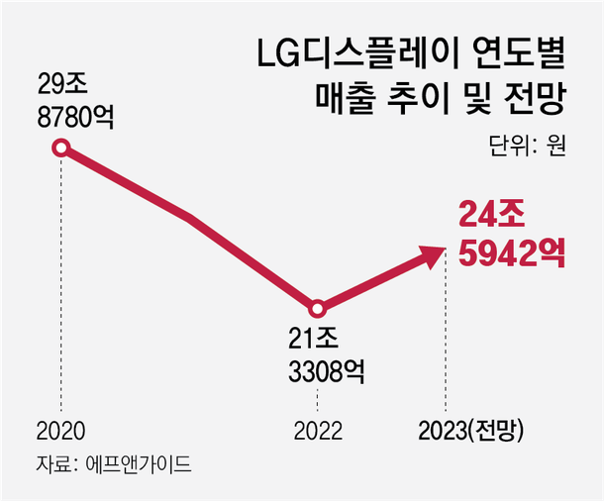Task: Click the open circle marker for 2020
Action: pyautogui.click(x=61, y=149)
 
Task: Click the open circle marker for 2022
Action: pyautogui.click(x=317, y=308)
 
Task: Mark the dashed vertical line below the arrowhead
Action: pyautogui.click(x=446, y=337)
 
